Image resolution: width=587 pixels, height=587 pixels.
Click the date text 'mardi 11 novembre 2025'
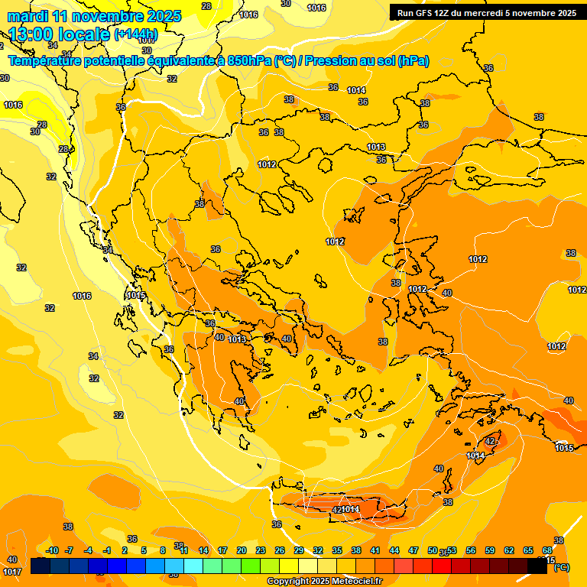[94, 16]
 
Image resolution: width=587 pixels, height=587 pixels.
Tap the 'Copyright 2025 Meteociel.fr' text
[326, 581]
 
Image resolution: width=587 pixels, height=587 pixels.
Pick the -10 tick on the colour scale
[51, 550]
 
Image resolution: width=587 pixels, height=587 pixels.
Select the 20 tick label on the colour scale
[242, 550]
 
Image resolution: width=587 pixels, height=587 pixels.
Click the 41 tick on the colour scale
[375, 550]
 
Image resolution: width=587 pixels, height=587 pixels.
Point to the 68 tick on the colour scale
[547, 550]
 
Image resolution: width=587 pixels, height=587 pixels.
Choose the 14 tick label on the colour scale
[203, 550]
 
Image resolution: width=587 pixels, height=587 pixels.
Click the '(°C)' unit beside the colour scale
[561, 567]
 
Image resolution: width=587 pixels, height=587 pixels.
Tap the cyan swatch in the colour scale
[193, 566]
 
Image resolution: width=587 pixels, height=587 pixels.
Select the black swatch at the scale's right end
[537, 566]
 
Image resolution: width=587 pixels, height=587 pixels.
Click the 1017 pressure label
[12, 571]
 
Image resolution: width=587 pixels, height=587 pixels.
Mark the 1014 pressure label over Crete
[350, 509]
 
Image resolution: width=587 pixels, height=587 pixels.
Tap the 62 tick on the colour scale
[509, 550]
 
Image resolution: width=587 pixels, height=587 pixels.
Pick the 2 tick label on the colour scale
[125, 550]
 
